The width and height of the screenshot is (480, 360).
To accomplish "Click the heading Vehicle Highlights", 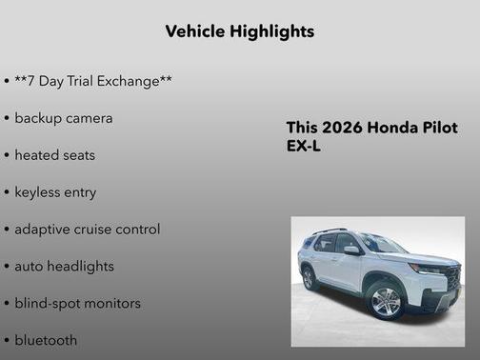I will tap(239, 31).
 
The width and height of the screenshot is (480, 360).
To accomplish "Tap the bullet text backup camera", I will tap(63, 118).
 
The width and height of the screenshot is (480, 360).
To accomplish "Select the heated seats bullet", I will tap(54, 155).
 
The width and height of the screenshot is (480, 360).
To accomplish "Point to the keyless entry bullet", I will tap(55, 192).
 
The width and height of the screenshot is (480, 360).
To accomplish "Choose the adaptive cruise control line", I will tap(87, 230).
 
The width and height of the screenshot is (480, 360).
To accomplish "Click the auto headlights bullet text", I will tap(64, 267).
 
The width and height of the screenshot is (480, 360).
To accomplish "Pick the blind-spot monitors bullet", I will tap(77, 304).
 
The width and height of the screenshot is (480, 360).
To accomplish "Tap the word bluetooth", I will tap(46, 340).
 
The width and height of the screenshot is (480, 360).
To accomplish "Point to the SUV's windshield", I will tap(380, 244).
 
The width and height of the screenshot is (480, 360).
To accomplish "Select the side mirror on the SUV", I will tap(351, 250).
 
